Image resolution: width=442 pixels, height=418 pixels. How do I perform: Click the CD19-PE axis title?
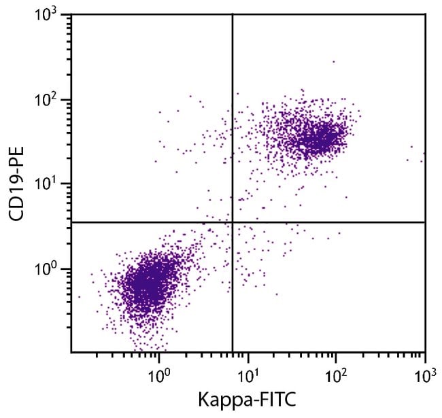pos(16,184)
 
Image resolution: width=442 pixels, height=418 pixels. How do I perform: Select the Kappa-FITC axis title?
pos(248,402)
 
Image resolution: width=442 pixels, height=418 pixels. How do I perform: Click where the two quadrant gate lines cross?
pos(233,222)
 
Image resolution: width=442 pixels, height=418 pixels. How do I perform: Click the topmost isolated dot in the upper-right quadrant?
pos(333,62)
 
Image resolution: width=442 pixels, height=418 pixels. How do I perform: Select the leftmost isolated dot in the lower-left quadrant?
pos(80,297)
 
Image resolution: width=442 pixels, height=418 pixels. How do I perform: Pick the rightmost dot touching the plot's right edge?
pos(423,154)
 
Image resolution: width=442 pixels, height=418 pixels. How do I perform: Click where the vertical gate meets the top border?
pos(233,14)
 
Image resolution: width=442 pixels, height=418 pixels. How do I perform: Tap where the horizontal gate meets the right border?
pos(425,222)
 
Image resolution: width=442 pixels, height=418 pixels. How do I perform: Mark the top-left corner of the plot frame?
pos(71,14)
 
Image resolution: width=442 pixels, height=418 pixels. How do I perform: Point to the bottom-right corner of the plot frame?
pos(425,353)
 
